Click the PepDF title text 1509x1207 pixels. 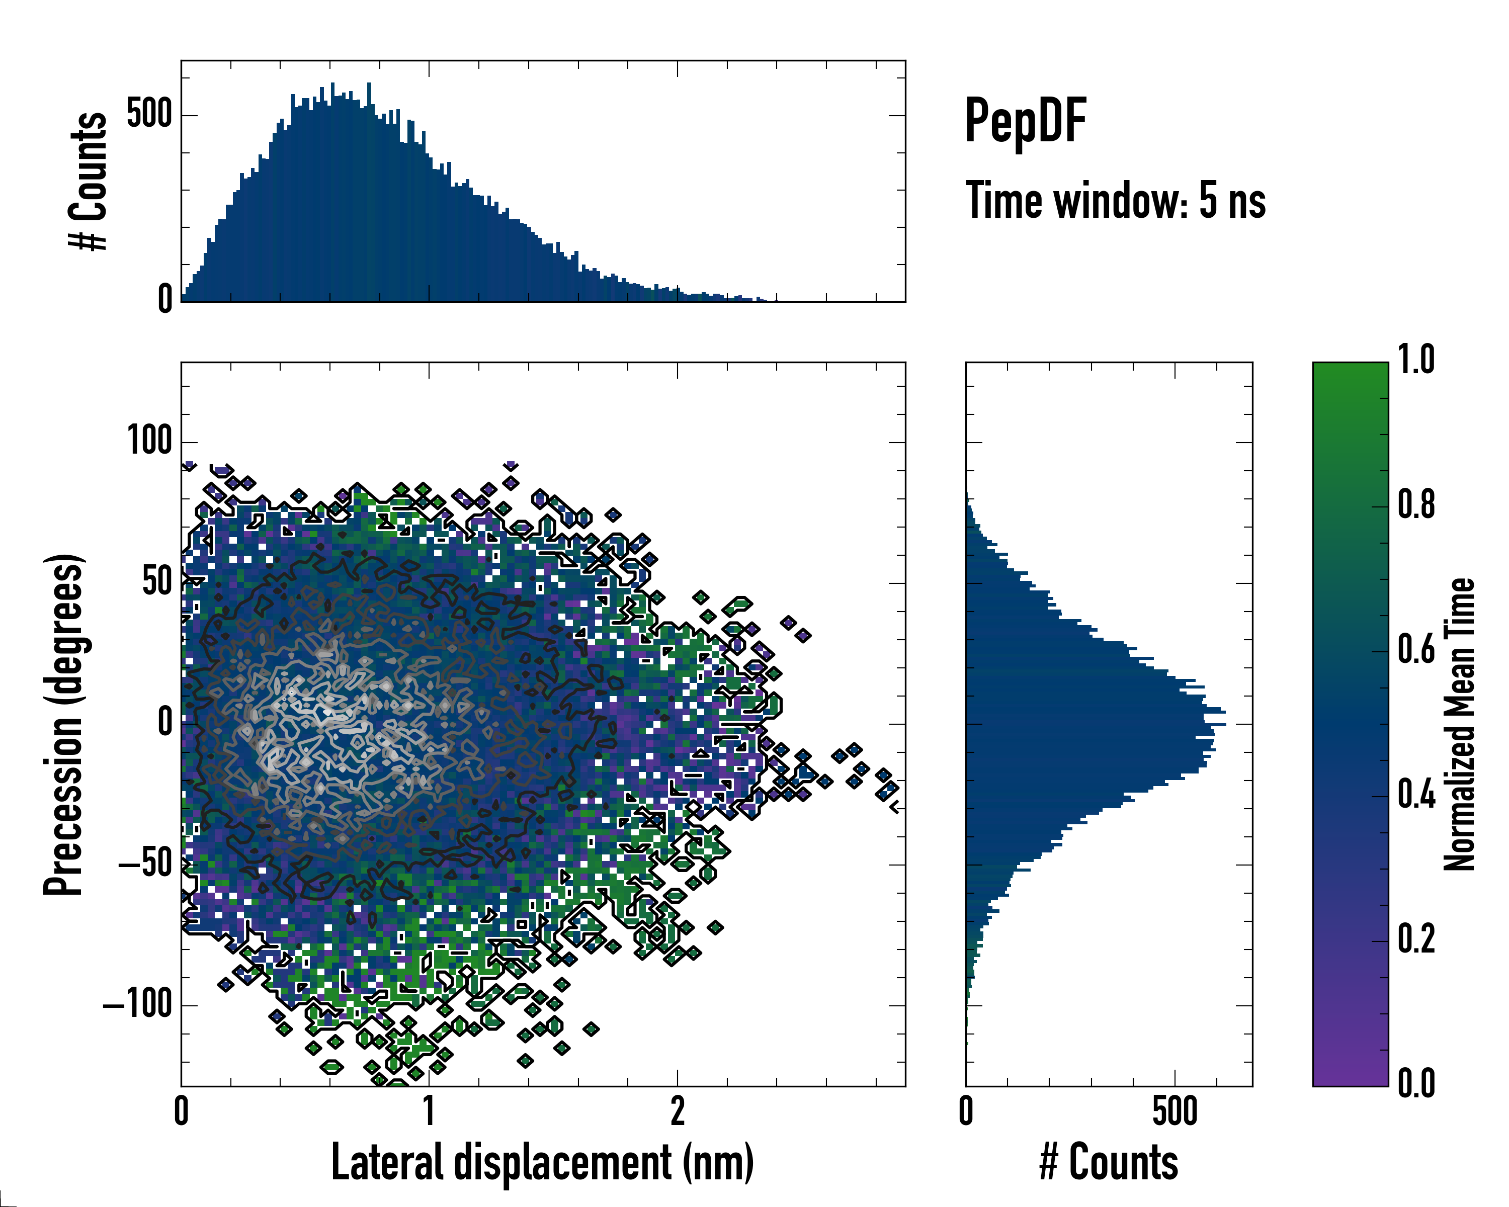pyautogui.click(x=1025, y=122)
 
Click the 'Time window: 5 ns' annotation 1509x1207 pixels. pyautogui.click(x=1115, y=201)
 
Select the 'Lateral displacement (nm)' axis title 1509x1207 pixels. pyautogui.click(x=542, y=1162)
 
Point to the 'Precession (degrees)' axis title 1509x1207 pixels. pyautogui.click(x=64, y=724)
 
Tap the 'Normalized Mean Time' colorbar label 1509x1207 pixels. pyautogui.click(x=1459, y=724)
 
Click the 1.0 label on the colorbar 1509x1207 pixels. pyautogui.click(x=1415, y=360)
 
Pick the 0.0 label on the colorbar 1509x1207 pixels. pyautogui.click(x=1415, y=1083)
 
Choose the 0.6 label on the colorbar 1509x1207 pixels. pyautogui.click(x=1415, y=649)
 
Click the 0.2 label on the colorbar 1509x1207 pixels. pyautogui.click(x=1415, y=938)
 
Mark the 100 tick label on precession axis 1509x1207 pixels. pyautogui.click(x=149, y=442)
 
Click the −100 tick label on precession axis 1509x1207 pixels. pyautogui.click(x=138, y=1005)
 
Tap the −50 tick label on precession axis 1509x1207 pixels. pyautogui.click(x=145, y=864)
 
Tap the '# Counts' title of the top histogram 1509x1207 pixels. pyautogui.click(x=88, y=181)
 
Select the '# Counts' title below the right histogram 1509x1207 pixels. pyautogui.click(x=1108, y=1162)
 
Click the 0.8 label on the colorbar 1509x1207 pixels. pyautogui.click(x=1415, y=504)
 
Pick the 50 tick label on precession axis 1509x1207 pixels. pyautogui.click(x=157, y=582)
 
